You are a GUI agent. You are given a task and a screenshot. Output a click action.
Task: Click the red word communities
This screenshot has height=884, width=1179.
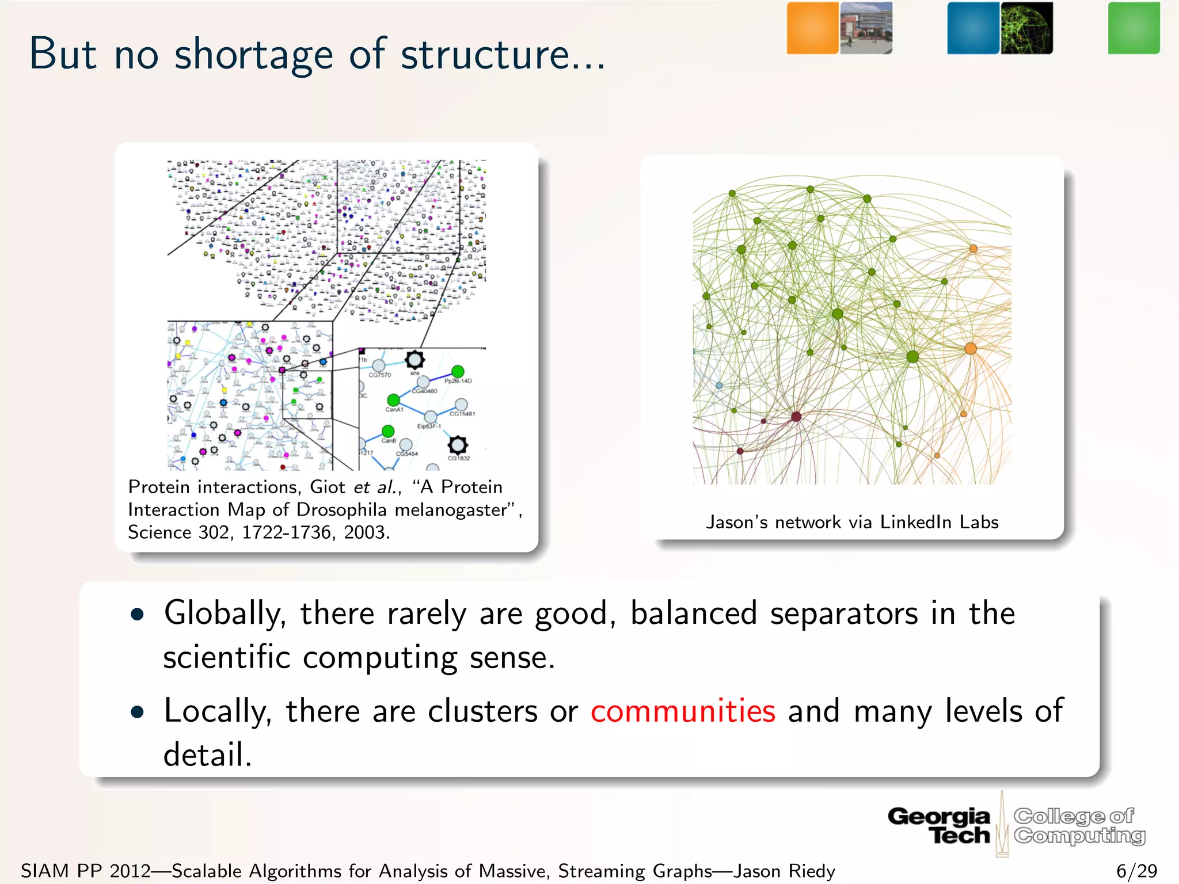[683, 711]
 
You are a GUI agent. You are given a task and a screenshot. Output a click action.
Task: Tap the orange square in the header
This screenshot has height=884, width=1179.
[812, 28]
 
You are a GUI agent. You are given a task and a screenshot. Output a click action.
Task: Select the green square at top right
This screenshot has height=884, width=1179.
[1134, 28]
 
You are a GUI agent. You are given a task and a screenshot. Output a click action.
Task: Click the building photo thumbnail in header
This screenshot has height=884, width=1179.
[866, 28]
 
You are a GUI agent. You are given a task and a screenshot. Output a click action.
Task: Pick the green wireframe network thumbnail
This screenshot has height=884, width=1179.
[1026, 28]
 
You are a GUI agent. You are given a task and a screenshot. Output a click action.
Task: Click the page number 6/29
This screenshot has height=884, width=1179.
[1136, 871]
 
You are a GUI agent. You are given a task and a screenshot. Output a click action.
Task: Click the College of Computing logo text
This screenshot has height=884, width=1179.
[1079, 825]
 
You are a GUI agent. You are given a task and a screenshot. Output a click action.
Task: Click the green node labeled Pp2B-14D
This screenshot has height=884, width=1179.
[458, 372]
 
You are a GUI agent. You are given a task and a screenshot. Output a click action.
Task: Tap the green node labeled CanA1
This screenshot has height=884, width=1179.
[393, 400]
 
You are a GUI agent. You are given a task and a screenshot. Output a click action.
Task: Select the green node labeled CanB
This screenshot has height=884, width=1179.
[388, 431]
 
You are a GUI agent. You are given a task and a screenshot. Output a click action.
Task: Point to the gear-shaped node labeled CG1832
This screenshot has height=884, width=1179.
[458, 445]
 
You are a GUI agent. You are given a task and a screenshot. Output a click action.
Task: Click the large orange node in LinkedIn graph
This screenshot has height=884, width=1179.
[971, 348]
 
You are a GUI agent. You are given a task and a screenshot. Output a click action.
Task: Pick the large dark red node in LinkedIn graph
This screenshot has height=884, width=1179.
[796, 416]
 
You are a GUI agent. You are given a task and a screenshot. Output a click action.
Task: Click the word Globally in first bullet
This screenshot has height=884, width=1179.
[225, 613]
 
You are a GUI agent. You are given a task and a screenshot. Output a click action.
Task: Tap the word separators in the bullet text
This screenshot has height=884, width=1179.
[844, 613]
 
